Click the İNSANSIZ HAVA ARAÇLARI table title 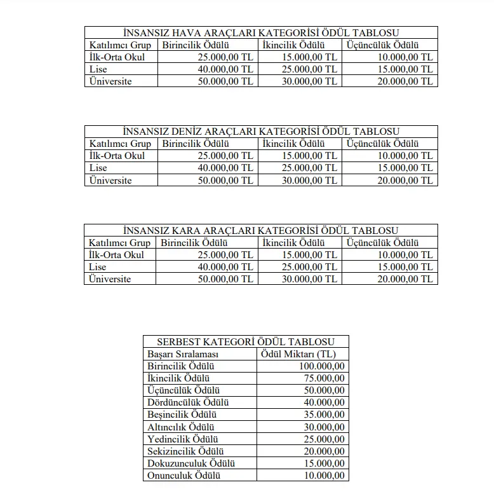(261, 33)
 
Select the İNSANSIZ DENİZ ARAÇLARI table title (261, 132)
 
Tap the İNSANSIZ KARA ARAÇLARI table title (261, 230)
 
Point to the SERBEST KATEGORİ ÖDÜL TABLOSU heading (246, 341)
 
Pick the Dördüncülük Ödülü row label (188, 402)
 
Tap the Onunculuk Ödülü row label (183, 476)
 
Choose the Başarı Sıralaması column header (183, 353)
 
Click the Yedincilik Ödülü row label (183, 439)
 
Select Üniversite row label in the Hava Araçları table (110, 81)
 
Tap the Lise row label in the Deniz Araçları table (98, 168)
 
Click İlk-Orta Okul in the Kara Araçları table (117, 255)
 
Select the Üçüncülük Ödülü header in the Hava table (383, 45)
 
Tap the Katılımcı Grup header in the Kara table (119, 243)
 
